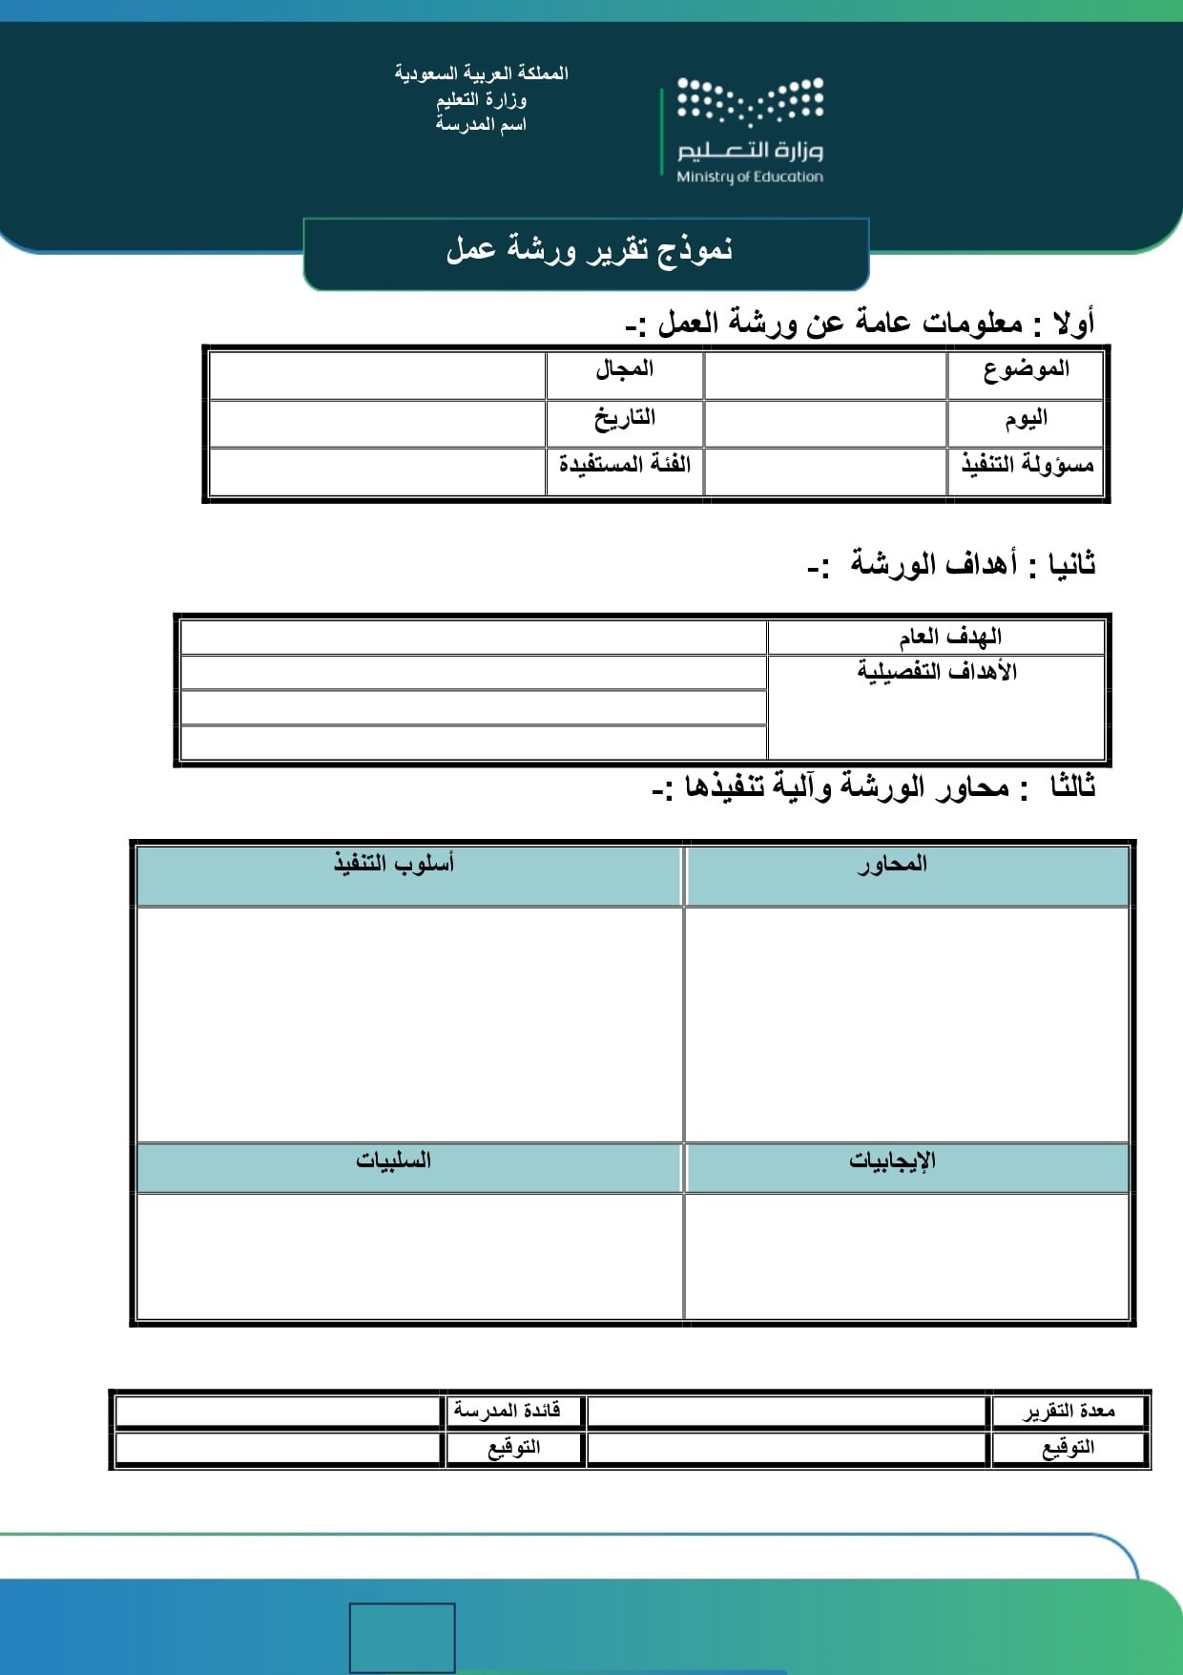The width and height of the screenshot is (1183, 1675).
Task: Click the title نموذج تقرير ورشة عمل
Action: [x=588, y=250]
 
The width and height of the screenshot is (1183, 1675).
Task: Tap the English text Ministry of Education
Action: [x=749, y=177]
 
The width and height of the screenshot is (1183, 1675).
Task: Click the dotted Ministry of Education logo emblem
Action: [x=750, y=101]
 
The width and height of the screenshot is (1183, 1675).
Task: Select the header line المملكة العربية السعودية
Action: [x=482, y=73]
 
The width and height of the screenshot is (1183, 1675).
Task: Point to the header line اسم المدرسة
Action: [x=482, y=125]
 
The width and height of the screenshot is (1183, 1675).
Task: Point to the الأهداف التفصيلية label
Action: [x=937, y=672]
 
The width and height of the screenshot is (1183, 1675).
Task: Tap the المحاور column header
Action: [x=892, y=865]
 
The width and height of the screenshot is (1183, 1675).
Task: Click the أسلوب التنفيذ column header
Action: [x=394, y=865]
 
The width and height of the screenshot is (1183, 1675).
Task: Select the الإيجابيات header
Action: [x=892, y=1162]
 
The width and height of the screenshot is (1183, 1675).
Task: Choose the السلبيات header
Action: [x=394, y=1162]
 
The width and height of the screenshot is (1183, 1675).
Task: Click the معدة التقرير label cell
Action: [x=1069, y=1412]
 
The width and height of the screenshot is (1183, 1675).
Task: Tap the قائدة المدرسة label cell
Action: [x=508, y=1412]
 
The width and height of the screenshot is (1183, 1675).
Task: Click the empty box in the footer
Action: [x=402, y=1637]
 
